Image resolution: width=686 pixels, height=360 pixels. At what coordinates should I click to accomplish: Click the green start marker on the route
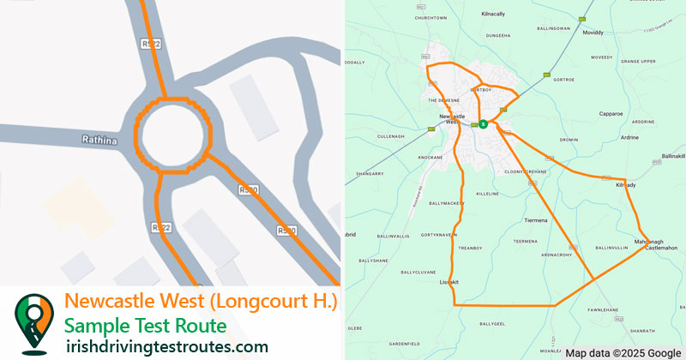484,124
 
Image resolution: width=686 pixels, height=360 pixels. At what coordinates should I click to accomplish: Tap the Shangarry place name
369,173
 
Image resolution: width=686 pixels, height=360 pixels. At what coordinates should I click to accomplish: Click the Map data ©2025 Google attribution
622,352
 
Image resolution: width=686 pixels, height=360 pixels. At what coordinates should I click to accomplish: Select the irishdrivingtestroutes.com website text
166,346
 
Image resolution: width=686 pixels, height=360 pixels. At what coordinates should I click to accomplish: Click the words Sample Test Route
146,326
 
